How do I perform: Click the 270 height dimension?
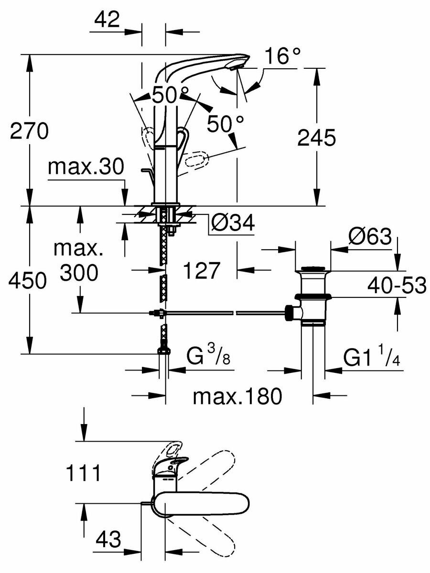click(x=29, y=131)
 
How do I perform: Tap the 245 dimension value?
click(x=317, y=138)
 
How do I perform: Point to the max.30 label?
click(x=86, y=167)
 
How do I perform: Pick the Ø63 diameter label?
click(x=370, y=237)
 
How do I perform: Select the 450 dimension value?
click(x=28, y=281)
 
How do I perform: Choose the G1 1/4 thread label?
click(x=372, y=358)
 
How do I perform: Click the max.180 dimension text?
click(x=237, y=396)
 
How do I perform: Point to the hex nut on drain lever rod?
click(x=290, y=312)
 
